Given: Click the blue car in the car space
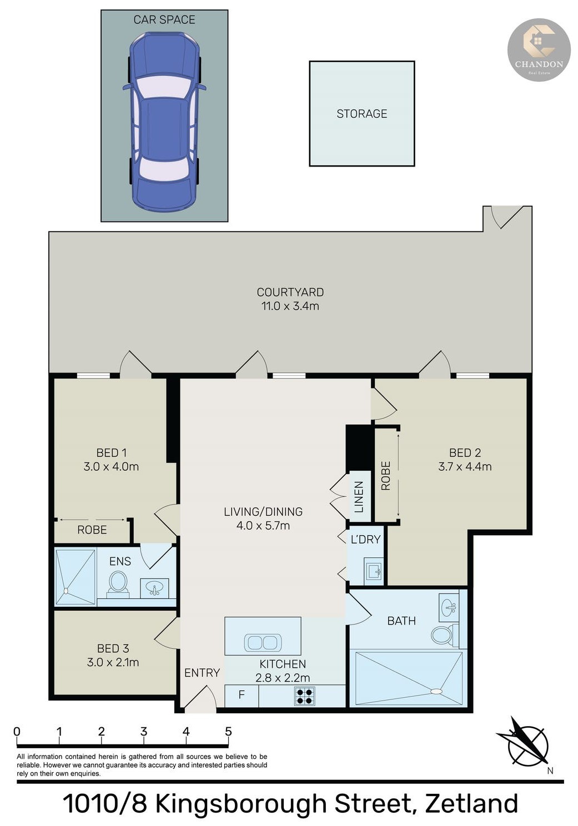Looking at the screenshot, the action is click(164, 122).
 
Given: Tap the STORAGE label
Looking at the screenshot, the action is click(361, 114).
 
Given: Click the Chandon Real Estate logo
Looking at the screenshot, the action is click(539, 50).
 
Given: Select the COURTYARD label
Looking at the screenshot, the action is click(290, 292).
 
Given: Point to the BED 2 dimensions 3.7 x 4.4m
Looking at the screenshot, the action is click(465, 466).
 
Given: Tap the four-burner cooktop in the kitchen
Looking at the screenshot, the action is click(305, 696).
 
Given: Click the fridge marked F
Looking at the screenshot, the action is click(242, 696).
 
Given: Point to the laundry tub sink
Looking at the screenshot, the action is click(373, 572).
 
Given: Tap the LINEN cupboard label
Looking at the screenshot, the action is click(359, 497).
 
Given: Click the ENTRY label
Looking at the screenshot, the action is click(202, 673).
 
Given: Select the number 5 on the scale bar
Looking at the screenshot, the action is click(228, 731).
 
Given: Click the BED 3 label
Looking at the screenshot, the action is click(113, 648).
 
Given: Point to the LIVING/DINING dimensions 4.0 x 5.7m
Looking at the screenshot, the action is click(263, 526).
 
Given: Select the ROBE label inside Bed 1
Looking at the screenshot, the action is click(92, 530).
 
